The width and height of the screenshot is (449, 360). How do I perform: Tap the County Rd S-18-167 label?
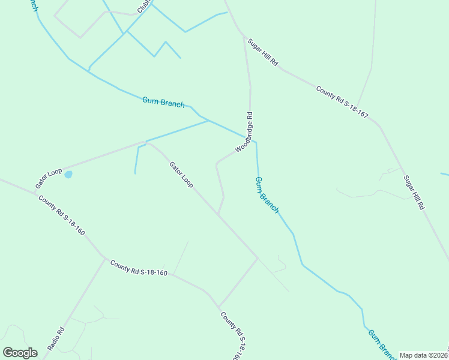point(342,101)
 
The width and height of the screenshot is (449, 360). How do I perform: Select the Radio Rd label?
point(55,340)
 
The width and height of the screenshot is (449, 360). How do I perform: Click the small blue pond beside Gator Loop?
point(68,175)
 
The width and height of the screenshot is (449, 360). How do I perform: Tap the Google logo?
point(20,353)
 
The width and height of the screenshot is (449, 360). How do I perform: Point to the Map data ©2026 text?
point(423,355)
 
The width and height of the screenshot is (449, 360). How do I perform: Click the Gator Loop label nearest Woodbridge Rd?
point(181,175)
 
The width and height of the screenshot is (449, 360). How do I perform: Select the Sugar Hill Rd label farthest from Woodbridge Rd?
point(414,192)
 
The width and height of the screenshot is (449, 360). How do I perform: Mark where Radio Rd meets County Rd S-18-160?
point(105,259)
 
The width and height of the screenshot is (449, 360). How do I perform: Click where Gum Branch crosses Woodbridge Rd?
point(250,140)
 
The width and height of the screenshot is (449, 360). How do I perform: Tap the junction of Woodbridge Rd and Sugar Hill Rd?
point(244,37)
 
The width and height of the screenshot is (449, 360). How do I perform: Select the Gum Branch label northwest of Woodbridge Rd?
point(163,102)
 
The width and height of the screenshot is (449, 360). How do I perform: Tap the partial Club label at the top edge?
point(143,6)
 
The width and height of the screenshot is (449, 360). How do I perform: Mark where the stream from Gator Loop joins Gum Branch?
point(208,121)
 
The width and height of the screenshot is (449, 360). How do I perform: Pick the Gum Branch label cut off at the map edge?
point(381,343)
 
